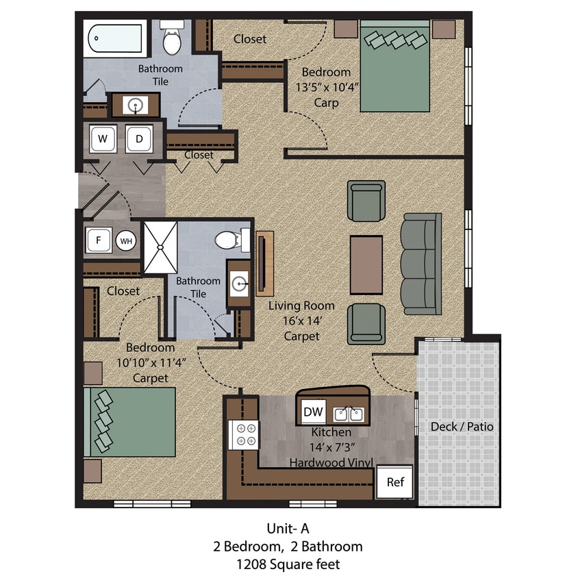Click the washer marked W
pyautogui.click(x=103, y=139)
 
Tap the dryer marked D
pyautogui.click(x=139, y=139)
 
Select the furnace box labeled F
pyautogui.click(x=99, y=241)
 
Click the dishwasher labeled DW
pyautogui.click(x=314, y=412)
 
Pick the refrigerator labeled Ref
pyautogui.click(x=395, y=482)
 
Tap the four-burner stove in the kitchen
pyautogui.click(x=243, y=433)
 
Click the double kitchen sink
pyautogui.click(x=348, y=413)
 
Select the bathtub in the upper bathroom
pyautogui.click(x=116, y=38)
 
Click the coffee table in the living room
pyautogui.click(x=366, y=264)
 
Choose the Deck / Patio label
pyautogui.click(x=462, y=427)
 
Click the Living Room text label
pyautogui.click(x=301, y=305)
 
